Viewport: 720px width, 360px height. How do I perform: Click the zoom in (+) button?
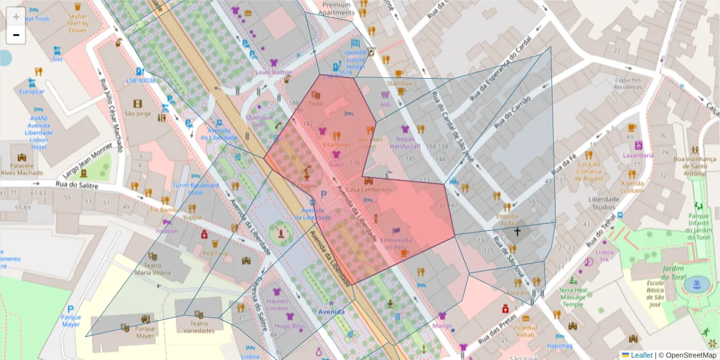click(16, 17)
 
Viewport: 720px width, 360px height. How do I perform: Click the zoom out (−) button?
click(16, 35)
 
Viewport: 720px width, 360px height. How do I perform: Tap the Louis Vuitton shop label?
click(273, 73)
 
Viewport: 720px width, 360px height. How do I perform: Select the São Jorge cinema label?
click(138, 113)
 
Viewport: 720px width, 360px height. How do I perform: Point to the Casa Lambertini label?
click(368, 190)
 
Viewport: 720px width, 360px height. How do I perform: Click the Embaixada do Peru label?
click(396, 243)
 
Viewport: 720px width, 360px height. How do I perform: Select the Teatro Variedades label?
click(199, 326)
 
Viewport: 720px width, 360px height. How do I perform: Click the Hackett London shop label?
click(277, 304)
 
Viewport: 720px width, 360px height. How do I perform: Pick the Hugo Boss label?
click(290, 326)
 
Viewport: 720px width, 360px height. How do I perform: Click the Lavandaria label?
click(638, 155)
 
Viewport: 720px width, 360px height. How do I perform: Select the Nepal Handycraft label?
click(405, 142)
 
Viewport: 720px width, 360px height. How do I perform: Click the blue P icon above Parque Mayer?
click(71, 308)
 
